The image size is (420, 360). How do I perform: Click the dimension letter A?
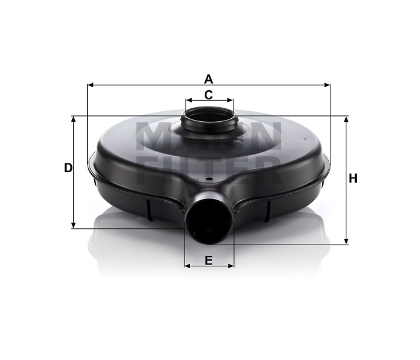(x=208, y=80)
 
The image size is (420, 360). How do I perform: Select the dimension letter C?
(x=208, y=95)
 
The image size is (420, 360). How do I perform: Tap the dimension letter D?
(x=68, y=168)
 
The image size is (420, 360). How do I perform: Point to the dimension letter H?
(x=353, y=179)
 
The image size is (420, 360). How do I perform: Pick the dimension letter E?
(x=209, y=260)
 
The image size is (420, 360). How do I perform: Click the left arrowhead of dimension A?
(x=91, y=85)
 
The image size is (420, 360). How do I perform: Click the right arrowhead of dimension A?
(x=327, y=85)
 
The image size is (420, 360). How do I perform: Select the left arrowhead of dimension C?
(x=189, y=100)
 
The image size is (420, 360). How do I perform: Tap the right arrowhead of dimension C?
(x=230, y=100)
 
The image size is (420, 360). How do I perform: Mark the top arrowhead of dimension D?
(x=73, y=119)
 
